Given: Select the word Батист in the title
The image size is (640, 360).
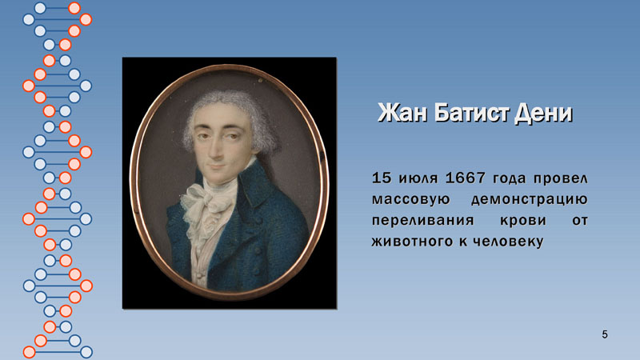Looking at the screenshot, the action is point(470,113).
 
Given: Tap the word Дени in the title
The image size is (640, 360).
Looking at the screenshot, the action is point(543,114).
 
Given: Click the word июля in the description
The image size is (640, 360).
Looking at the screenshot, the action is point(418,178).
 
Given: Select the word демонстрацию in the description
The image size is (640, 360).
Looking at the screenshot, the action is point(530,200).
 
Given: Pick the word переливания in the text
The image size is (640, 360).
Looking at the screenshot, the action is point(423,221).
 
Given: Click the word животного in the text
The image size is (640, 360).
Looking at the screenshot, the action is point(412,242).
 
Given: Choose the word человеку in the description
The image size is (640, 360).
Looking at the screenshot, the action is point(508,242).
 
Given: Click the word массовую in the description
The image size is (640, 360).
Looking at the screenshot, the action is point(410,200).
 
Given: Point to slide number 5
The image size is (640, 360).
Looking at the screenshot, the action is point(605,334).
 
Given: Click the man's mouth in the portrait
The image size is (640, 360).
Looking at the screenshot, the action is point(217,166).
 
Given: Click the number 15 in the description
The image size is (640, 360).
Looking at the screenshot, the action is point(382,178).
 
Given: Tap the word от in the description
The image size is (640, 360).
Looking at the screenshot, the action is point(579,221).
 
